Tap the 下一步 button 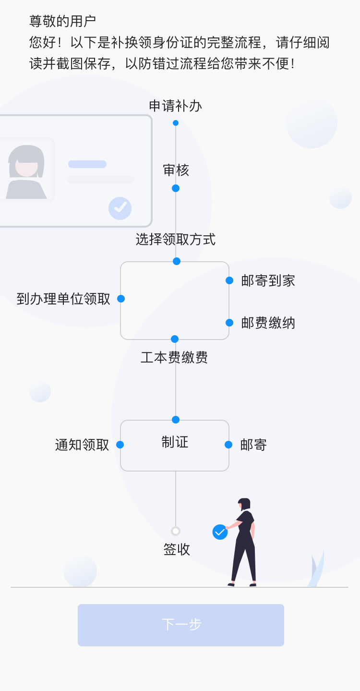[181, 625]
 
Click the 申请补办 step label [175, 106]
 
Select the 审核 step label [176, 170]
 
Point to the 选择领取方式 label [175, 239]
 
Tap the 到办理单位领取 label [63, 299]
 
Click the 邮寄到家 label [268, 281]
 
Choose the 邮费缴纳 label [268, 323]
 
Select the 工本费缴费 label [174, 358]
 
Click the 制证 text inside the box [175, 442]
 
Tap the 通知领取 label [82, 445]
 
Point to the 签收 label [177, 550]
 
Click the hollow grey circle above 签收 [176, 531]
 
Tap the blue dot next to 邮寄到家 [229, 280]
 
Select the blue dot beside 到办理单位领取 [121, 299]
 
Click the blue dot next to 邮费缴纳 [229, 323]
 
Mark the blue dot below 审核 [176, 188]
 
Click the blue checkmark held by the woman [220, 532]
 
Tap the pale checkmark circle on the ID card [120, 208]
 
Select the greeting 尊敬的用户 [63, 21]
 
